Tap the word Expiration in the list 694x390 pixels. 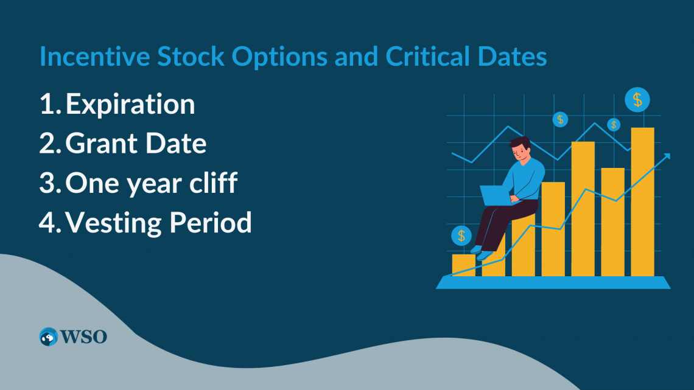point(130,105)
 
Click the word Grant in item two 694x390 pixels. point(97,144)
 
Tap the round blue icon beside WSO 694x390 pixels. point(49,336)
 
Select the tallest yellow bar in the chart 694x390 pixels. point(642,201)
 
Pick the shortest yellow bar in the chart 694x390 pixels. point(463,265)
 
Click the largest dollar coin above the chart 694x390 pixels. point(637,99)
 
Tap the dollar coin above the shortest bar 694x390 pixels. point(461,235)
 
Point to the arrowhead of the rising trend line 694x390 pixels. point(667,156)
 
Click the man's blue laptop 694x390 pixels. point(495,195)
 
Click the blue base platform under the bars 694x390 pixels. point(553,282)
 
